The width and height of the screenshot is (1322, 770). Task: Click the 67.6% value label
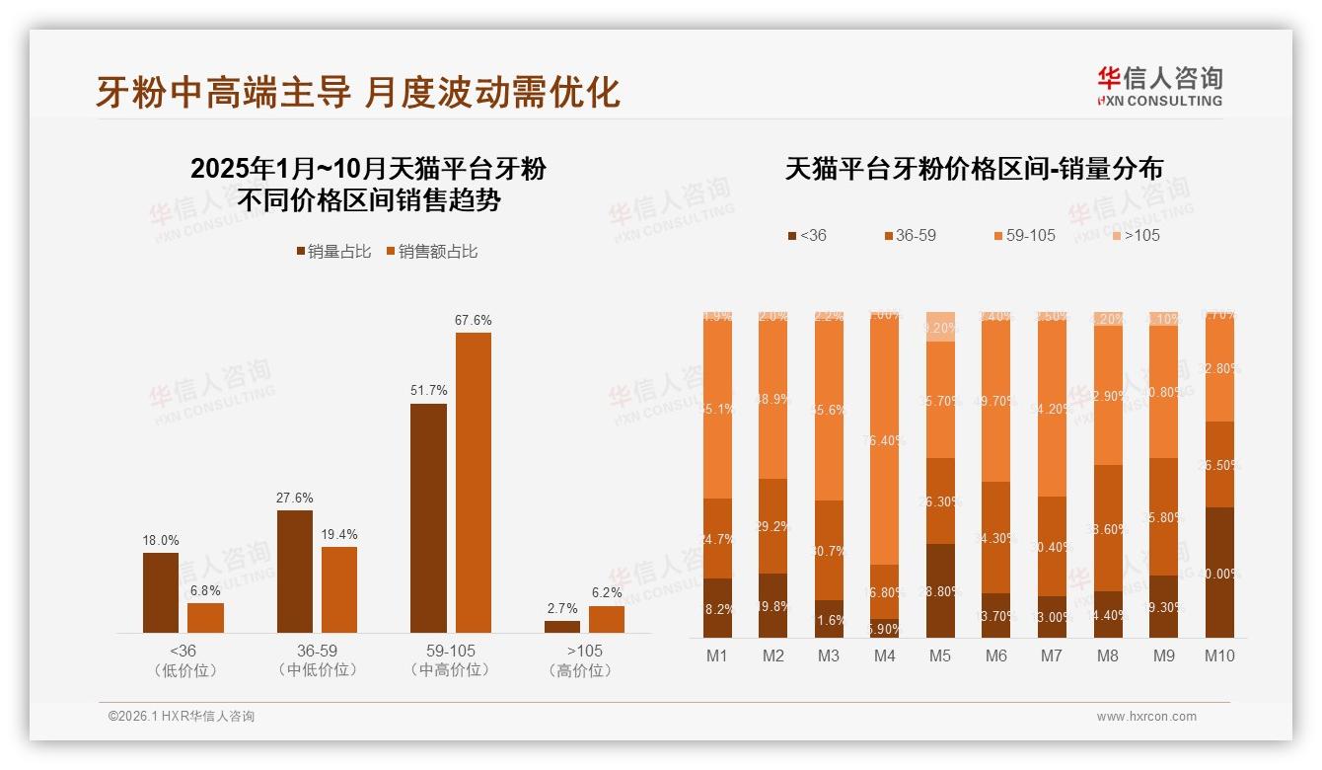point(473,320)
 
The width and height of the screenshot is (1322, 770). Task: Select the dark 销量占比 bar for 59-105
point(428,517)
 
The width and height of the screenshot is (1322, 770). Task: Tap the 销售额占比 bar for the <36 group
point(205,618)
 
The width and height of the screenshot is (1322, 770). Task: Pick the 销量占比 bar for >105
point(562,627)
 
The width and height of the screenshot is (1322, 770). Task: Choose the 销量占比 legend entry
point(334,252)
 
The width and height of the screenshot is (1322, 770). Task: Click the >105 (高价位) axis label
point(584,660)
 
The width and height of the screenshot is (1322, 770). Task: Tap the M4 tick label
point(884,655)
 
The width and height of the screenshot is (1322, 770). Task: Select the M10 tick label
point(1219,655)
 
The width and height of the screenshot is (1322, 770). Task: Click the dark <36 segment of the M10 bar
point(1219,573)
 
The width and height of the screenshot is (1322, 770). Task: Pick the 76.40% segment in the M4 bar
point(884,440)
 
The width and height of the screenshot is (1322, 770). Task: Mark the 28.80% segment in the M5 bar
point(940,590)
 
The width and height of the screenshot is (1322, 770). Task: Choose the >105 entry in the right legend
point(1136,235)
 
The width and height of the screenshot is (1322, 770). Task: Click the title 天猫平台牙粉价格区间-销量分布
point(973,169)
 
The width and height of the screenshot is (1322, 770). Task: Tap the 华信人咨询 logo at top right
point(1159,87)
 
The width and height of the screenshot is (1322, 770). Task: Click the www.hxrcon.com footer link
point(1146,717)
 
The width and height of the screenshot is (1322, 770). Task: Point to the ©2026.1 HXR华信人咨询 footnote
point(182,717)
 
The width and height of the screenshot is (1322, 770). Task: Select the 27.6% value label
point(294,498)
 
